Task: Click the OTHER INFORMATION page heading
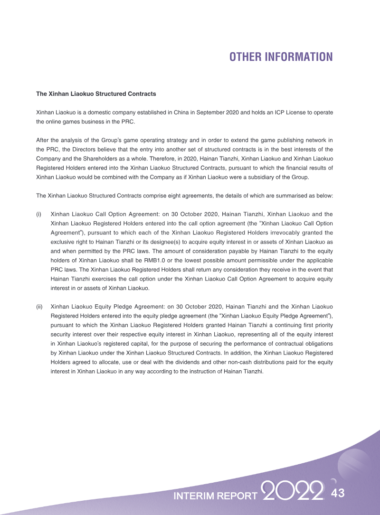[281, 57]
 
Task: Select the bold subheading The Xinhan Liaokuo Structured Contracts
[96, 94]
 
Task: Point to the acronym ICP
[279, 112]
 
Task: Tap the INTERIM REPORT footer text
[215, 496]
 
